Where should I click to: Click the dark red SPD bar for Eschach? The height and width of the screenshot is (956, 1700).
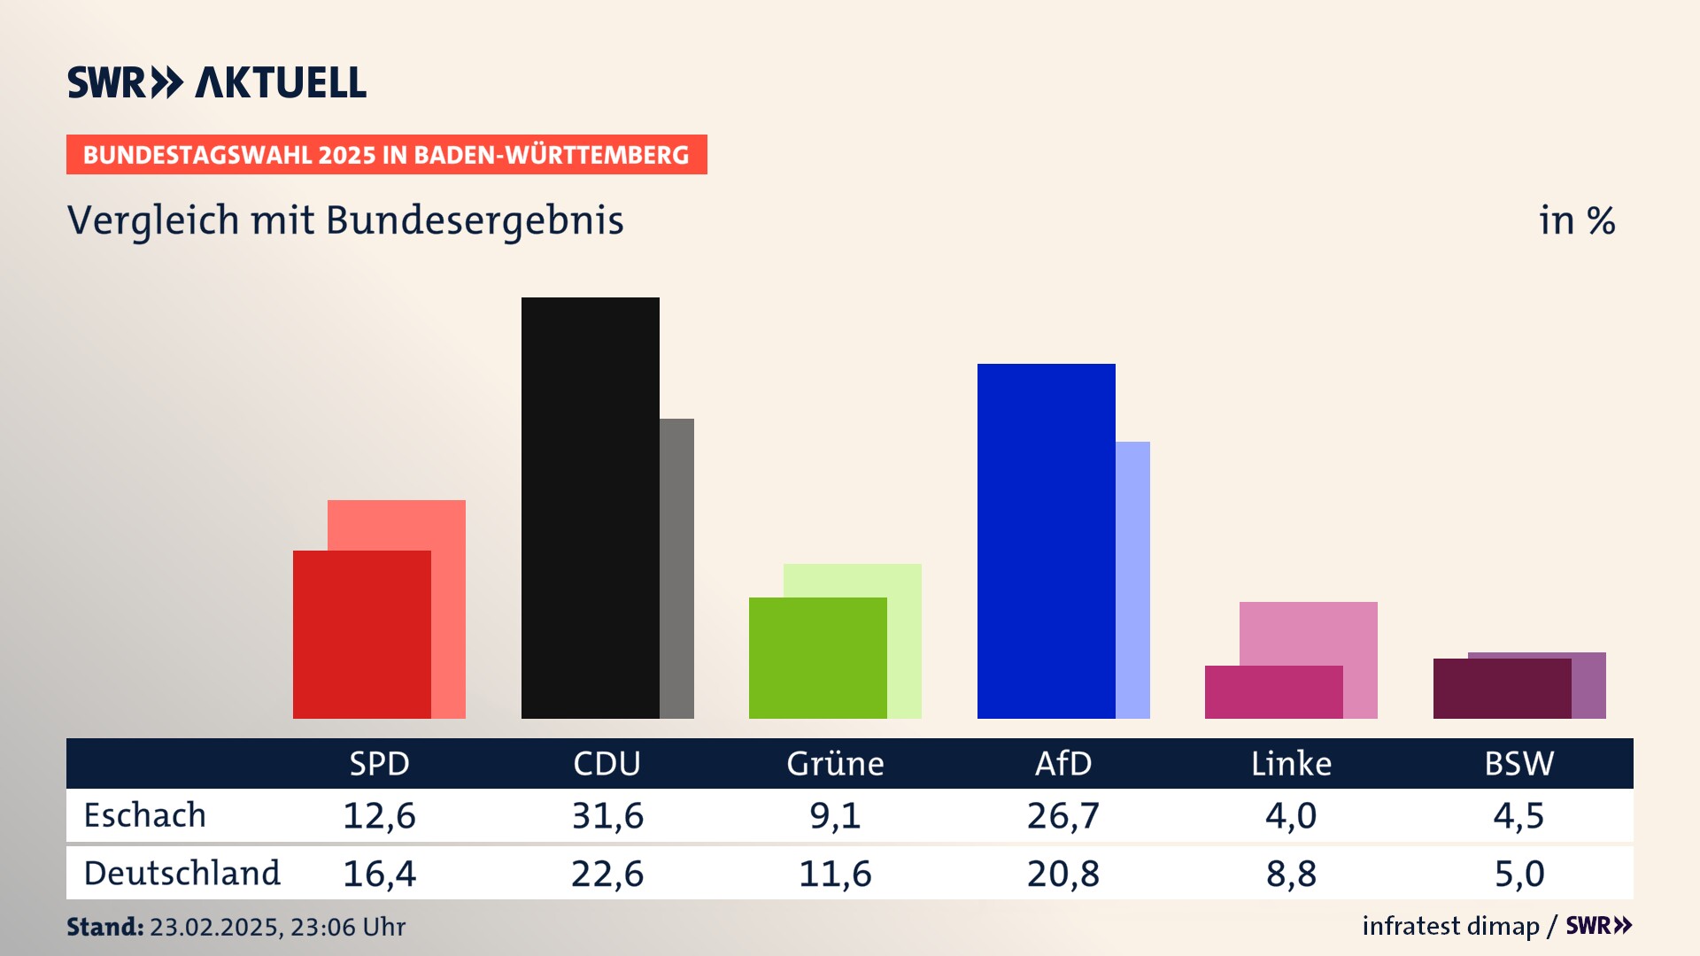[x=361, y=634]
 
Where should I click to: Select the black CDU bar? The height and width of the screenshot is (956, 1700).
[x=590, y=507]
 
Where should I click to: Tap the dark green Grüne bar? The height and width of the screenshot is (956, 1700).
[x=817, y=658]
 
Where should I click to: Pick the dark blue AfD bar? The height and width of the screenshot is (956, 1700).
[x=1046, y=541]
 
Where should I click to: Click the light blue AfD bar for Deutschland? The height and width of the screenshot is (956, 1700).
[x=1132, y=580]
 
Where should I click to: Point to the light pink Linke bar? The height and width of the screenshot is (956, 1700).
[x=1308, y=633]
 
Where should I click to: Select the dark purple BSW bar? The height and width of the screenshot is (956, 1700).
[x=1502, y=688]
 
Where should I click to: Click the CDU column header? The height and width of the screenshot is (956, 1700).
[x=607, y=764]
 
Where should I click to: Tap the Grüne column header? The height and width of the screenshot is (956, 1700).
[x=835, y=764]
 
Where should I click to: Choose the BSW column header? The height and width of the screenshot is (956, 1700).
[x=1518, y=764]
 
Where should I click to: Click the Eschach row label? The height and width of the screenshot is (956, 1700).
[x=145, y=815]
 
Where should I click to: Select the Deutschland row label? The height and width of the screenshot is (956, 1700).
[x=182, y=874]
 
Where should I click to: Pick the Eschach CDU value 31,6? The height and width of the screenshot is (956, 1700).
[x=607, y=815]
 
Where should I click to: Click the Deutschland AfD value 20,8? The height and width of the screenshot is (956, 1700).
[x=1062, y=874]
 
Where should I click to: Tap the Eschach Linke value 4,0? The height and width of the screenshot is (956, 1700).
[x=1291, y=815]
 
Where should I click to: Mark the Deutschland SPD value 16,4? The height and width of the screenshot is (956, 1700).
[x=379, y=874]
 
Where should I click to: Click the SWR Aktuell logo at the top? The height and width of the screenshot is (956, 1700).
[x=217, y=82]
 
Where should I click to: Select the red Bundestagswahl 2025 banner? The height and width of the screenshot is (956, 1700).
[x=386, y=155]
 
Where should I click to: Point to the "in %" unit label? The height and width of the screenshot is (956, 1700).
[x=1577, y=220]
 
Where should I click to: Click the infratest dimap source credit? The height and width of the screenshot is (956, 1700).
[x=1450, y=926]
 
